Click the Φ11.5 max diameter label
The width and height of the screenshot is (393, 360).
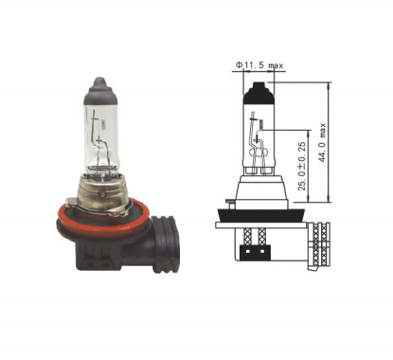pos(259,65)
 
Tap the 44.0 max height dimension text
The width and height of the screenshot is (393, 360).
pos(322,142)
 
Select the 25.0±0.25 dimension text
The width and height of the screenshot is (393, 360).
pos(302,166)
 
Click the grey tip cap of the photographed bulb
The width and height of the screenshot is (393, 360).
pos(100,91)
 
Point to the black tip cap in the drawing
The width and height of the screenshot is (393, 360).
pos(259,93)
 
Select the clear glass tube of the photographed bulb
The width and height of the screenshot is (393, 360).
pos(101,139)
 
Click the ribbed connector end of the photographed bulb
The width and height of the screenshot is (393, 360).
pos(166,243)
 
